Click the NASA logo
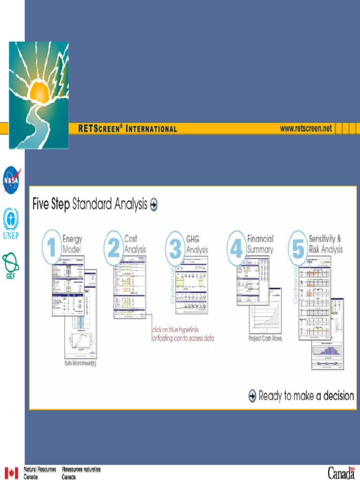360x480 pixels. click(x=11, y=180)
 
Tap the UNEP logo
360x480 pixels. click(x=11, y=223)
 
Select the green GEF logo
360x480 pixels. click(x=10, y=265)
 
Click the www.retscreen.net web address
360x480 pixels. click(x=306, y=128)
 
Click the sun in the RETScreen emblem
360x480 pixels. click(x=40, y=91)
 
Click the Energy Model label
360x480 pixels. click(x=72, y=244)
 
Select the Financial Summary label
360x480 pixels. click(x=260, y=244)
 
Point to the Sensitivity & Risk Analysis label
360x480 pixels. click(x=325, y=244)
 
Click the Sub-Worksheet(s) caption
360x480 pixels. click(x=80, y=364)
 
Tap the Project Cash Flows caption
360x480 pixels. click(x=265, y=338)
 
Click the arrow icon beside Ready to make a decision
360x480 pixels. click(x=253, y=396)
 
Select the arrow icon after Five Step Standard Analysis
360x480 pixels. click(x=153, y=204)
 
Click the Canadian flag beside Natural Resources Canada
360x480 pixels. click(x=11, y=472)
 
